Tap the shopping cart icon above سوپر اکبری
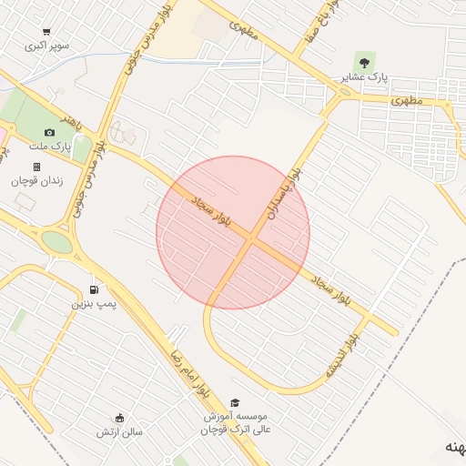(46, 31)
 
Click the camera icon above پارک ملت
(49, 133)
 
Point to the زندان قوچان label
(36, 180)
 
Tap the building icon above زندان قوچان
(36, 167)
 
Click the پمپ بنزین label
(95, 303)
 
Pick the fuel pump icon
(95, 289)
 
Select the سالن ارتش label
(120, 431)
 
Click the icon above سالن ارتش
(120, 418)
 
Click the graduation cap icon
(236, 402)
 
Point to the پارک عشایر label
(364, 77)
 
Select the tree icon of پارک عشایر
(364, 63)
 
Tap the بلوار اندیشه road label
(343, 355)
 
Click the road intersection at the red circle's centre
(250, 241)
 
